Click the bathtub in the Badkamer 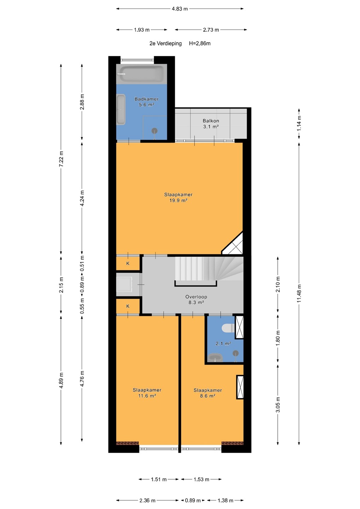141,74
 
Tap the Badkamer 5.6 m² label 146,102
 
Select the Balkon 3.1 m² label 211,124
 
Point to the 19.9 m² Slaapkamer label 179,198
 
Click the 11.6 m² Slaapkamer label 147,393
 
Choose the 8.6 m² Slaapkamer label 208,393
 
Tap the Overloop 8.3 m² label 196,299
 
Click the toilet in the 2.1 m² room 228,328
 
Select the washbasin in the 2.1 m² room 216,357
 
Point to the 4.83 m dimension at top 180,9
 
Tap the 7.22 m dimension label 61,159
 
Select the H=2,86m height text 200,43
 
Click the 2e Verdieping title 166,43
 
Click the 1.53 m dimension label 201,479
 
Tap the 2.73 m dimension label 211,30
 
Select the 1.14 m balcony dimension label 299,124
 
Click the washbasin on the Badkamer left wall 121,110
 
